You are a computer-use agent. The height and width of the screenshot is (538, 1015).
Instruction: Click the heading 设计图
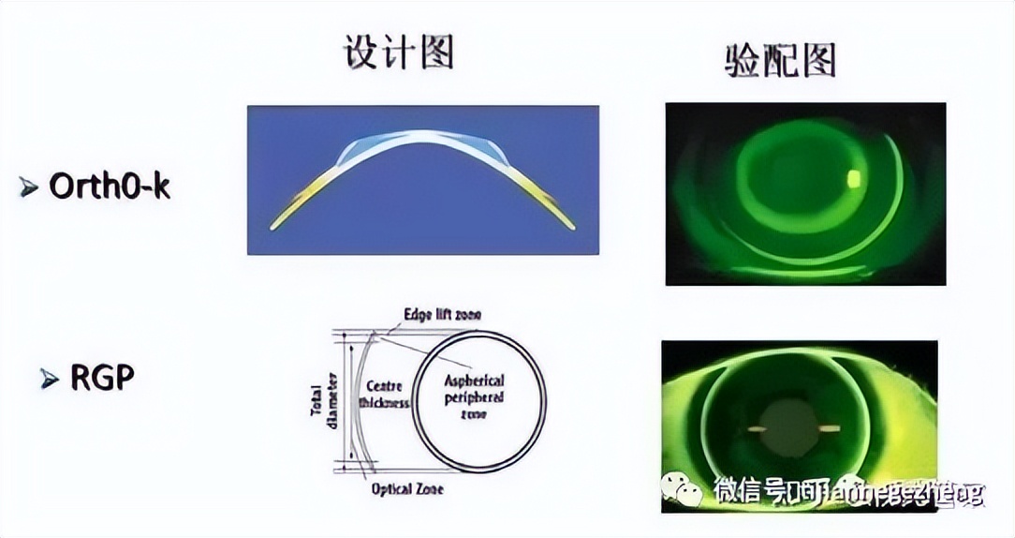pyautogui.click(x=400, y=53)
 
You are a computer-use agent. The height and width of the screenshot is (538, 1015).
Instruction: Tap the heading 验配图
pyautogui.click(x=780, y=60)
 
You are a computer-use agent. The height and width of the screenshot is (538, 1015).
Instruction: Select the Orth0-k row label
pyautogui.click(x=110, y=186)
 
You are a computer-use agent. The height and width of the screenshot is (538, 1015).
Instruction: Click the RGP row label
pyautogui.click(x=103, y=378)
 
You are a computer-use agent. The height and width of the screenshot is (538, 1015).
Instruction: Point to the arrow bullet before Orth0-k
pyautogui.click(x=29, y=187)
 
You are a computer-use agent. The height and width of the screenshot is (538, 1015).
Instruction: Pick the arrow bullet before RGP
pyautogui.click(x=50, y=380)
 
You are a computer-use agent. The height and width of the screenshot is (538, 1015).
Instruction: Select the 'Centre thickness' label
pyautogui.click(x=384, y=394)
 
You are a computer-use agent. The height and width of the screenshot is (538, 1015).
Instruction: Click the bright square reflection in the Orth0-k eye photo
pyautogui.click(x=854, y=177)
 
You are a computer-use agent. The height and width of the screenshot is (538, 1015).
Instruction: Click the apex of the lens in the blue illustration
pyautogui.click(x=423, y=134)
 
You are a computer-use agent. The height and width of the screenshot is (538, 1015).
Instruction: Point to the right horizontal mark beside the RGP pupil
pyautogui.click(x=824, y=430)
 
